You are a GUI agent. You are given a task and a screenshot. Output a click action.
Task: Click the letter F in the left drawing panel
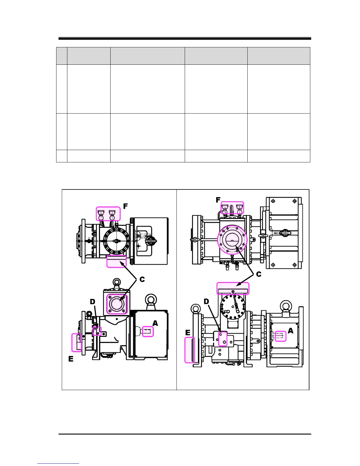click(125, 206)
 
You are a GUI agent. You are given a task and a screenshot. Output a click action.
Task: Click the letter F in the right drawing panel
click(218, 200)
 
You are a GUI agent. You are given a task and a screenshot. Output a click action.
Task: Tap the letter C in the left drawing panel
click(142, 279)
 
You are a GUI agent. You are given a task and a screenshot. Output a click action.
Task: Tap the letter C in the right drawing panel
click(259, 274)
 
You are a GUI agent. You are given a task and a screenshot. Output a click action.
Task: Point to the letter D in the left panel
click(92, 302)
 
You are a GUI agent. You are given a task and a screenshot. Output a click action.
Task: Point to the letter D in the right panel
click(206, 302)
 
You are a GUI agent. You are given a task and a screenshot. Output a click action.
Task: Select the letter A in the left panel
click(155, 323)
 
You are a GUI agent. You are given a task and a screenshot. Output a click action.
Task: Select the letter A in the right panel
click(291, 331)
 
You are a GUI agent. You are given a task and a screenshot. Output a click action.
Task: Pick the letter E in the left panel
click(71, 359)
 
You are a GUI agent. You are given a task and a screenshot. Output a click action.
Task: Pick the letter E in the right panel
click(188, 333)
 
